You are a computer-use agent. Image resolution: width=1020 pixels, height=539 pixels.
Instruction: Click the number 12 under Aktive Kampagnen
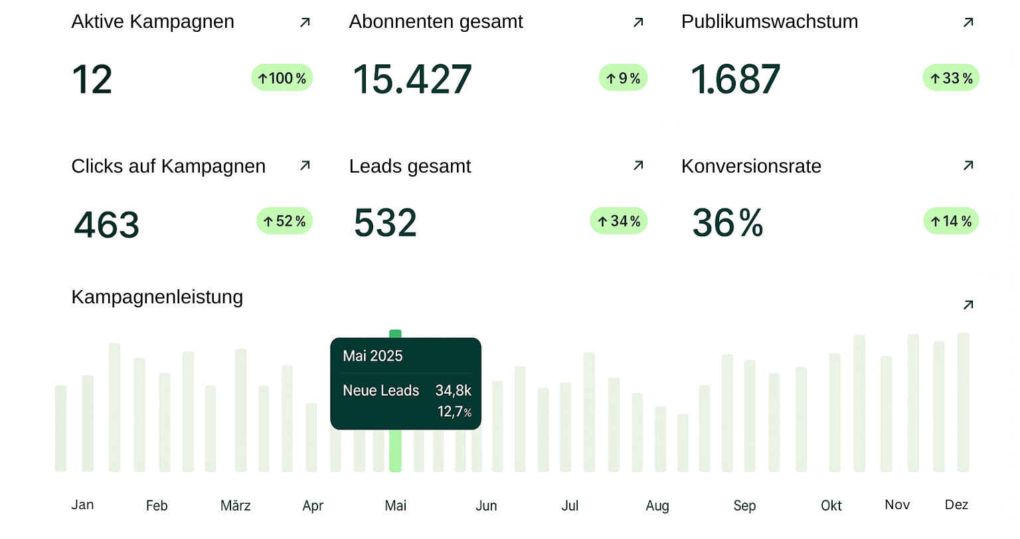click(x=92, y=80)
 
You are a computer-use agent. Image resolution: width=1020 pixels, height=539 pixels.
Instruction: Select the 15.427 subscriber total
click(x=412, y=80)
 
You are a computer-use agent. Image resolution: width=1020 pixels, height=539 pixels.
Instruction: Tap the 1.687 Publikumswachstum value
click(x=735, y=80)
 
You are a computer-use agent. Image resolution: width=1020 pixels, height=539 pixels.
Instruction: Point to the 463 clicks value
click(x=106, y=224)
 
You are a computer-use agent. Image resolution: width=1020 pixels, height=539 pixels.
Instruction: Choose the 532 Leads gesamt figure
click(x=385, y=223)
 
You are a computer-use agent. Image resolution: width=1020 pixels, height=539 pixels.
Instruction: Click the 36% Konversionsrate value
click(x=728, y=223)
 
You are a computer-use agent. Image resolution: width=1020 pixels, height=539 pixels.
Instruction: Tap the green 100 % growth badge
click(x=282, y=78)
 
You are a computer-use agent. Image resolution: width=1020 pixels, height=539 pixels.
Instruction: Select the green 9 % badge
click(x=623, y=78)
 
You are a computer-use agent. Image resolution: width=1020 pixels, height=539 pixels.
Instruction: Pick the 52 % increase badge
click(x=284, y=221)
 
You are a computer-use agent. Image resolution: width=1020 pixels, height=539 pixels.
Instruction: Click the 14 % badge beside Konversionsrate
click(x=951, y=221)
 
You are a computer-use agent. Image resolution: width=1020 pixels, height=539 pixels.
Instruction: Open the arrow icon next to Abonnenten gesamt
click(x=638, y=23)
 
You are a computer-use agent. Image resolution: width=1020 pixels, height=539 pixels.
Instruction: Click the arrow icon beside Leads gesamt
click(x=638, y=165)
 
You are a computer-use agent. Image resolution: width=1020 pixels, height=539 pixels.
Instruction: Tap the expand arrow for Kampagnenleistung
click(x=968, y=305)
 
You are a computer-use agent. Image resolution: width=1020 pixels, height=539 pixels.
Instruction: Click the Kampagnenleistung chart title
click(x=157, y=297)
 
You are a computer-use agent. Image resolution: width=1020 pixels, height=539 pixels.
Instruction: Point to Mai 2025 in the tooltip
click(x=373, y=356)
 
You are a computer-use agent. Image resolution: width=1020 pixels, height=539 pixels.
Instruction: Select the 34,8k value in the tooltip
click(x=453, y=390)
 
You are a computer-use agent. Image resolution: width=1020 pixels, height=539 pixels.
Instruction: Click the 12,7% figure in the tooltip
click(x=454, y=412)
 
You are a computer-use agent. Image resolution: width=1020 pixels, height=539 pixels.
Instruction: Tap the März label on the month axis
click(x=236, y=506)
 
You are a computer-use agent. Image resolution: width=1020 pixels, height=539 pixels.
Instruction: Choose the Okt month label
click(x=831, y=506)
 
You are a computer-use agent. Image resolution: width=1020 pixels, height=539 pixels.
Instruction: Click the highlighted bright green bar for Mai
click(x=395, y=451)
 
